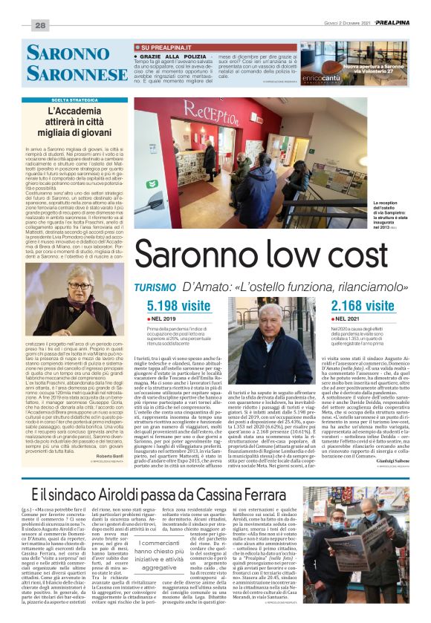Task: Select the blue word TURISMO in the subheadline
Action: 155,287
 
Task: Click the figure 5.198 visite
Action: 178,305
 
